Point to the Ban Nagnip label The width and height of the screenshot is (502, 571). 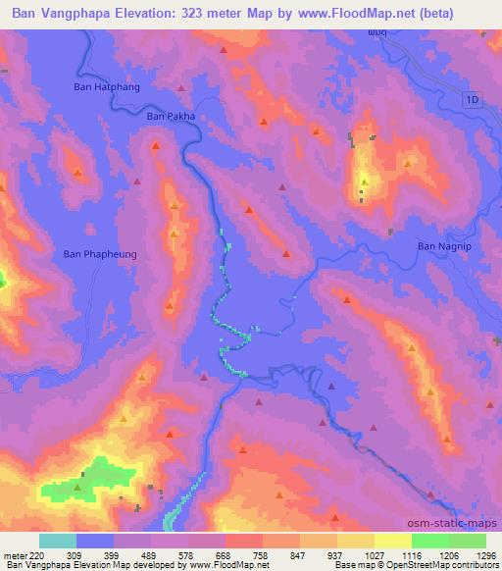(445, 246)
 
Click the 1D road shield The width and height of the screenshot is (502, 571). (473, 100)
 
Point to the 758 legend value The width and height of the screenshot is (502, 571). (260, 555)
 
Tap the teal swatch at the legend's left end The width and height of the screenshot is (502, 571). (58, 541)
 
